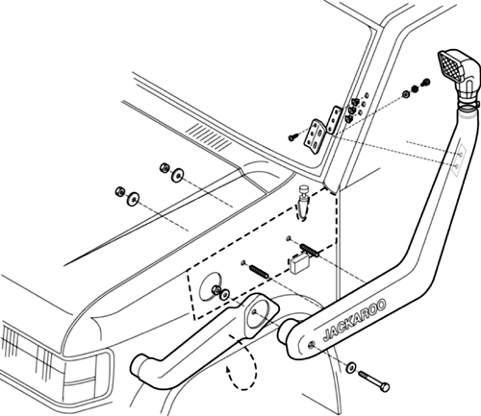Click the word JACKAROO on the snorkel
click(x=354, y=320)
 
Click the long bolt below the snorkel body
click(x=374, y=380)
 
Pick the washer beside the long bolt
click(x=351, y=367)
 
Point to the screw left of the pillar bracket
click(x=292, y=137)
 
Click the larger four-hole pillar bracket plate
click(x=315, y=136)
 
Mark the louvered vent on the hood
click(x=210, y=137)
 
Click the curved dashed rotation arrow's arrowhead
click(x=228, y=371)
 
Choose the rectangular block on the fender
click(x=299, y=263)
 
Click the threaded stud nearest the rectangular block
click(x=311, y=250)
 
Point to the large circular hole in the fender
click(x=210, y=285)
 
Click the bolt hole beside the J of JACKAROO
click(x=311, y=345)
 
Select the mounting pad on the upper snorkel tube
click(x=459, y=159)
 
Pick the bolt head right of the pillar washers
click(x=426, y=82)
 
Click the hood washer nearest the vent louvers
click(x=177, y=175)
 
